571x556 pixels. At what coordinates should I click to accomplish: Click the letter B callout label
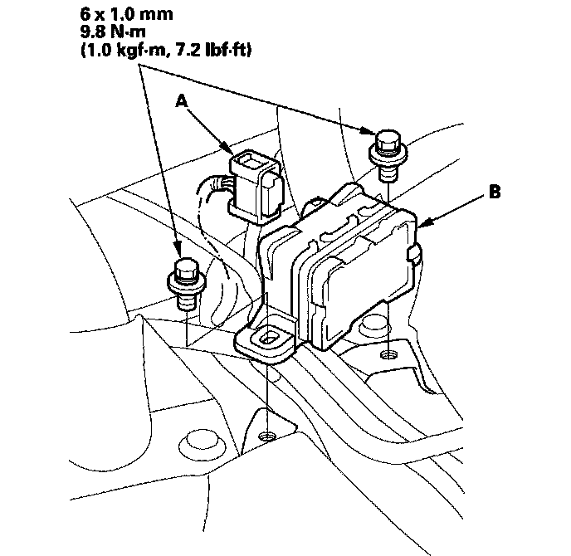click(x=495, y=192)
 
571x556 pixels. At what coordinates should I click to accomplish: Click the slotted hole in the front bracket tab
click(x=267, y=337)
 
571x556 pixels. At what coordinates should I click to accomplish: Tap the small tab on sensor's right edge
click(x=414, y=254)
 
